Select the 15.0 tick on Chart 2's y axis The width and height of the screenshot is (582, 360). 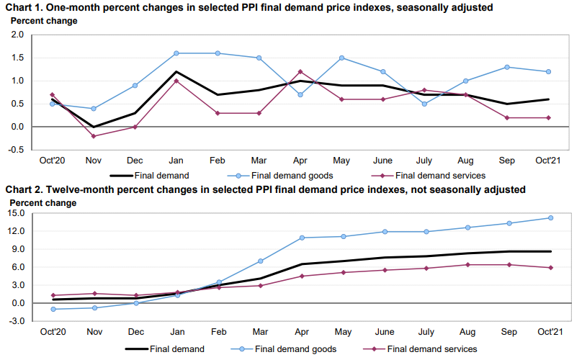pos(16,213)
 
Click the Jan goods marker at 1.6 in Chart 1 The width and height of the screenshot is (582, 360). pos(176,53)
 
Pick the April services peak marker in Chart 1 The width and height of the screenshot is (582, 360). pos(300,71)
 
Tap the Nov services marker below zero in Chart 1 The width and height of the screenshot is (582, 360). pos(93,136)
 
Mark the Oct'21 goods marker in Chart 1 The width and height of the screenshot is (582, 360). pos(550,71)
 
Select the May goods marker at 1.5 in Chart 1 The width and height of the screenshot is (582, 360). pos(341,58)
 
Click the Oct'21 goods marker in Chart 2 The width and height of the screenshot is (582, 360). pos(551,217)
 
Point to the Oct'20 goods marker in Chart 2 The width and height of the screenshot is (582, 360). pos(53,309)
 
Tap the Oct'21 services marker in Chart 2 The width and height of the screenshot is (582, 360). pos(551,268)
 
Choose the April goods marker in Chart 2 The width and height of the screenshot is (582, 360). pos(301,238)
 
